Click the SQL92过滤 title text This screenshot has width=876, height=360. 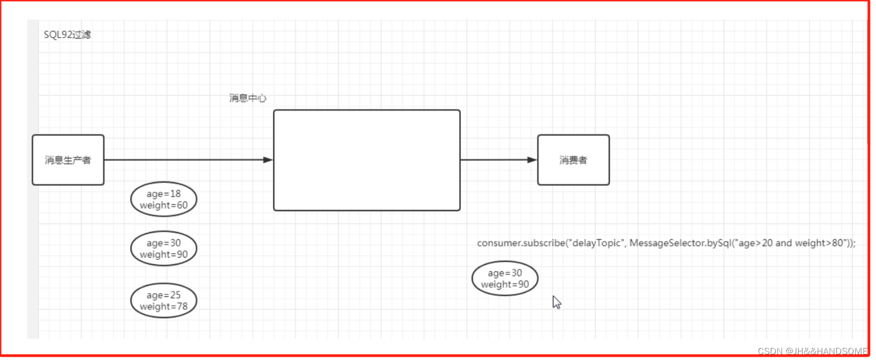[x=67, y=34]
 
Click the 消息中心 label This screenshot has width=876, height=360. [x=247, y=98]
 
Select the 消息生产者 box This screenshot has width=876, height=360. [x=68, y=160]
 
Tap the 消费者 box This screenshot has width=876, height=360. [x=573, y=160]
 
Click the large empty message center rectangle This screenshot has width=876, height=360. [x=367, y=160]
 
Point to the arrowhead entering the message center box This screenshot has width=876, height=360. [x=267, y=160]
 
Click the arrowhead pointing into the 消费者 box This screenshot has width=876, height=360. [x=532, y=160]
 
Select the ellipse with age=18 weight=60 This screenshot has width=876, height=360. [x=163, y=199]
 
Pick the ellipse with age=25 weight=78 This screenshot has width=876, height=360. [x=163, y=301]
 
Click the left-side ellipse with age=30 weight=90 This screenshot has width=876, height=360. [x=163, y=249]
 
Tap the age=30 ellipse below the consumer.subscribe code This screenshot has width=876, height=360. [x=505, y=279]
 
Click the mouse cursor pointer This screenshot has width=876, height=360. [x=556, y=302]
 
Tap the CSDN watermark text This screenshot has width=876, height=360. [x=812, y=351]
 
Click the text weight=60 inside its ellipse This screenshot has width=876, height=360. [x=163, y=205]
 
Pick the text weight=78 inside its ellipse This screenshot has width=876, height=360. [x=163, y=307]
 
